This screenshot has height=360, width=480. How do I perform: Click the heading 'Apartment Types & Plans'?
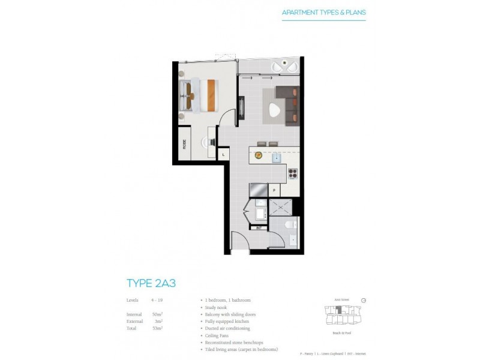pyautogui.click(x=323, y=12)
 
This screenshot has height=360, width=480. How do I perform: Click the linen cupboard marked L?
pyautogui.click(x=223, y=154)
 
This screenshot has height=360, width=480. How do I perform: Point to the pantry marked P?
pyautogui.click(x=274, y=189)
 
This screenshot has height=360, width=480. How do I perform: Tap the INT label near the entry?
pyautogui.click(x=258, y=227)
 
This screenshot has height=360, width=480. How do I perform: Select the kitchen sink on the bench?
pyautogui.click(x=277, y=158)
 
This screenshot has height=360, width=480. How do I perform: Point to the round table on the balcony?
pyautogui.click(x=280, y=66)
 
